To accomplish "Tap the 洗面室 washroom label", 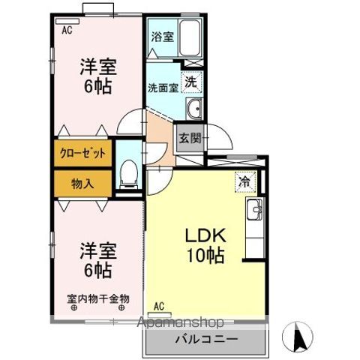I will pos(162,86).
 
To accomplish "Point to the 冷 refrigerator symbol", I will pos(244,181).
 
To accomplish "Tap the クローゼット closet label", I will pos(83,154).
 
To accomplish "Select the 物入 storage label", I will pos(82,183).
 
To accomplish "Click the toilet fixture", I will pos(129,175).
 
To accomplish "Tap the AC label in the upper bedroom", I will pos(67,31).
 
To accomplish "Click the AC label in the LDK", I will pos(158,305).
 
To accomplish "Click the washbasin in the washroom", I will pos(193,107).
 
